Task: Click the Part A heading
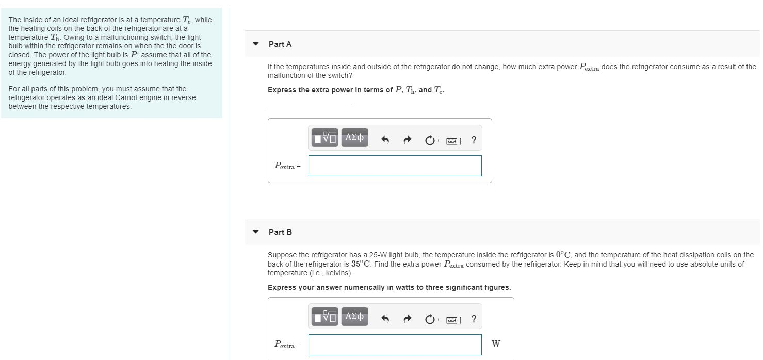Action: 280,44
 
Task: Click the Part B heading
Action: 280,232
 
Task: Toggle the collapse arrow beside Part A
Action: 256,44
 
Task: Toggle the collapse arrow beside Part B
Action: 256,232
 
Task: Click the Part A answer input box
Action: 395,166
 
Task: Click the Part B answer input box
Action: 395,345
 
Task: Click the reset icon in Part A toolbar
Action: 430,140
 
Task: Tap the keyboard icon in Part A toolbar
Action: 453,141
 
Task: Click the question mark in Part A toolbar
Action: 474,140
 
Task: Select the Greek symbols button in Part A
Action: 354,138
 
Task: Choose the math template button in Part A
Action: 325,138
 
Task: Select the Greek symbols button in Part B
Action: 354,317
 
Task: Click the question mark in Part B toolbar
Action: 474,319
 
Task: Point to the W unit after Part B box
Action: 496,343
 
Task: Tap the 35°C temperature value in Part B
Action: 361,264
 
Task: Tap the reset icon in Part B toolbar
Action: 430,319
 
